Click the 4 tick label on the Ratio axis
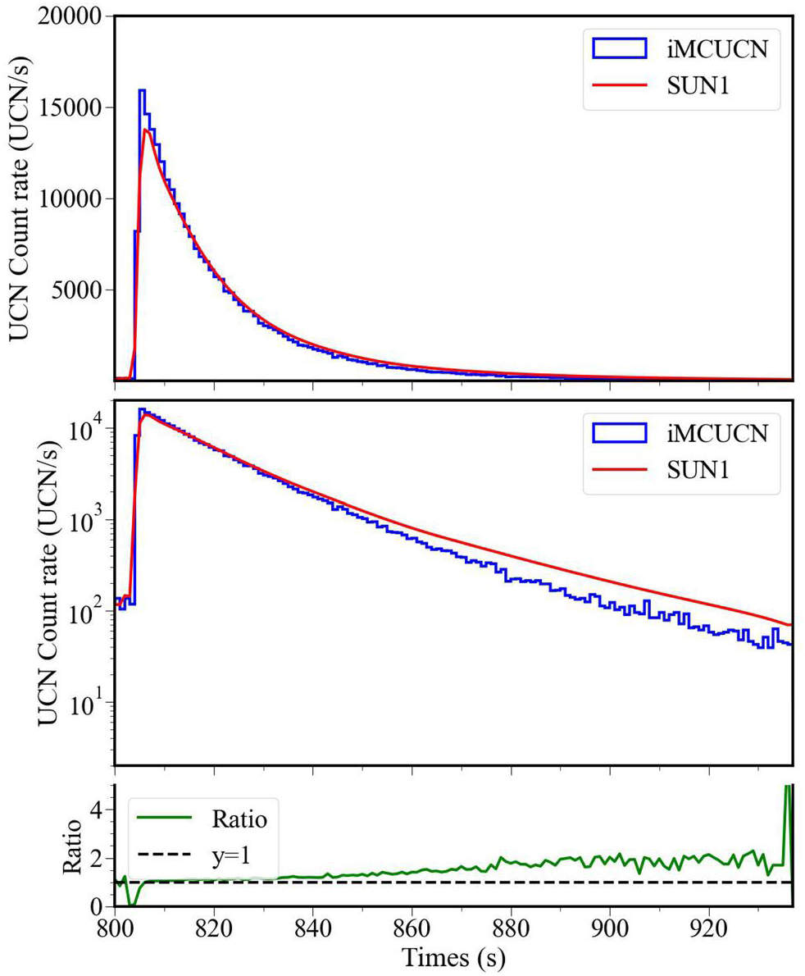[102, 810]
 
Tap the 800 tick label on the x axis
[115, 933]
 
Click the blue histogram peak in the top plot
[142, 90]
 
